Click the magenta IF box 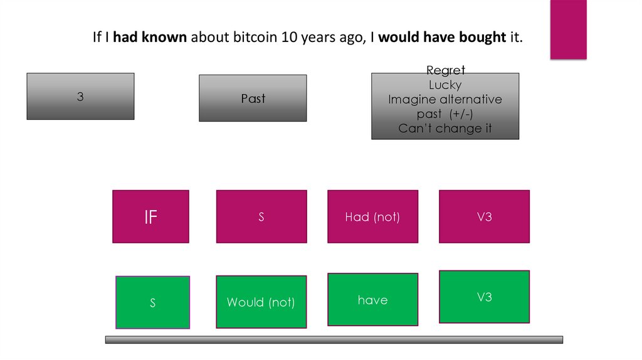coord(150,216)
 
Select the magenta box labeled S coord(261,216)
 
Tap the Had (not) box coord(372,216)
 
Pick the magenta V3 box coord(484,216)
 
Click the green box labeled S coord(152,302)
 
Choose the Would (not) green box coord(261,302)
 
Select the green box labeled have coord(372,300)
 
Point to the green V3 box coord(484,297)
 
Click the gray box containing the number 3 coord(80,96)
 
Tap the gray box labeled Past coord(253,98)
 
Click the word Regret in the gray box coord(445,71)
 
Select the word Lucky coord(445,85)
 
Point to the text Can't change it coord(445,129)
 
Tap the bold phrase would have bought coord(442,38)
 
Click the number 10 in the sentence coord(289,38)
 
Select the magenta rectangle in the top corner coord(568,29)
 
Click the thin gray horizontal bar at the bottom coord(334,339)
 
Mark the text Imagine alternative coord(445,100)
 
